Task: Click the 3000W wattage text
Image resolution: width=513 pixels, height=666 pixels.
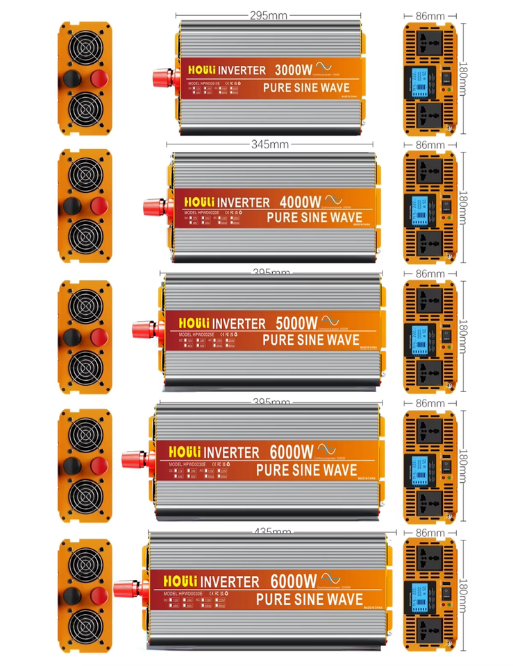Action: point(295,69)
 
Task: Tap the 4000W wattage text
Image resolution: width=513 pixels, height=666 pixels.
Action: point(300,202)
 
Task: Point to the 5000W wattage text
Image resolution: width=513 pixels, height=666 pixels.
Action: point(296,323)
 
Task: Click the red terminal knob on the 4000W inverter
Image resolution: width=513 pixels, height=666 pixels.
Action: point(154,206)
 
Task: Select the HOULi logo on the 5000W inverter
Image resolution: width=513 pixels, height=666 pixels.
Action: point(187,323)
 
